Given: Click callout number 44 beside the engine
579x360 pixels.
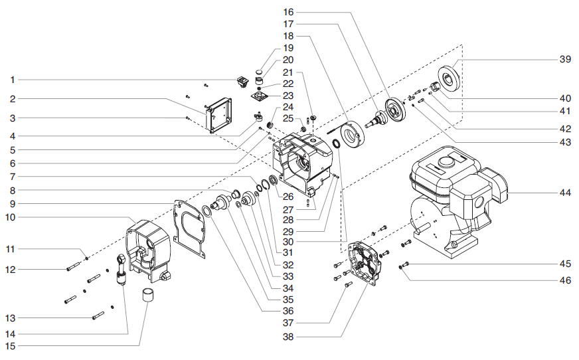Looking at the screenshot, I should click(x=564, y=193).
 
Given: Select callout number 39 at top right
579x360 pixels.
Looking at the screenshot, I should click(x=564, y=58).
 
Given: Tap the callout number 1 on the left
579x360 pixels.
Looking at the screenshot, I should click(x=12, y=80).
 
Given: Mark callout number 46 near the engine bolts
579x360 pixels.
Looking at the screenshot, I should click(x=564, y=280).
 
